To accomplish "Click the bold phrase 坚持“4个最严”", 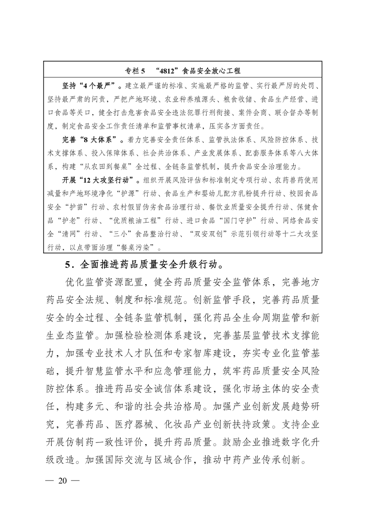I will [88, 86].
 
